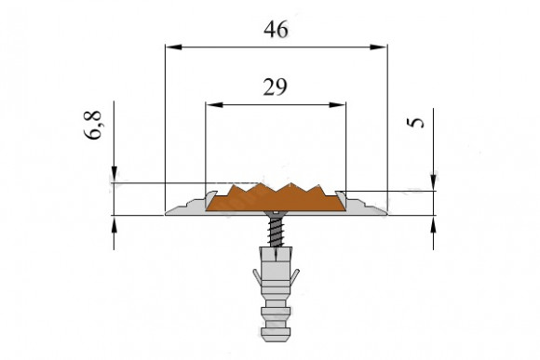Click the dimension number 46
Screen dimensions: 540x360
[x=276, y=29]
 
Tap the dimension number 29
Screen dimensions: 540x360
[x=275, y=87]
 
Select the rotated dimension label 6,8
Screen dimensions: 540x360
[x=93, y=125]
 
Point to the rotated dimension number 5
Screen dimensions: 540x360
[x=415, y=123]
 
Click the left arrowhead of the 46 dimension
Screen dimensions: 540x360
[x=173, y=47]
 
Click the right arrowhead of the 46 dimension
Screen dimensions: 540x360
[x=379, y=47]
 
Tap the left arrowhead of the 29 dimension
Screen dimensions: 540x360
[x=214, y=104]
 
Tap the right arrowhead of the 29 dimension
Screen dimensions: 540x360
[x=337, y=104]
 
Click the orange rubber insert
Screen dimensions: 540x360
[x=276, y=199]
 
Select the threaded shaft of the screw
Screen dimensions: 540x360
[x=276, y=232]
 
